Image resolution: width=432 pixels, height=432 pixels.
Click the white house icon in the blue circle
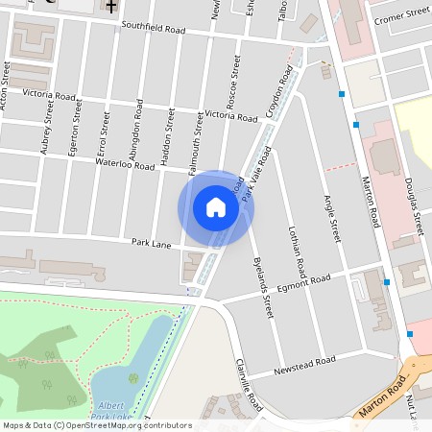pyautogui.click(x=216, y=206)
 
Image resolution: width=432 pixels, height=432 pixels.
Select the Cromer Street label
pyautogui.click(x=402, y=14)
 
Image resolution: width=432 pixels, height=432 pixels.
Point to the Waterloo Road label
pyautogui.click(x=125, y=165)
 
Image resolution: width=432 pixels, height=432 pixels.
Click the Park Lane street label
pyautogui.click(x=151, y=245)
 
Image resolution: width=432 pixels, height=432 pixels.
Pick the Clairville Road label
pyautogui.click(x=248, y=385)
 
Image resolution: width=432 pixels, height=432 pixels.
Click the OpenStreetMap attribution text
pyautogui.click(x=96, y=425)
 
